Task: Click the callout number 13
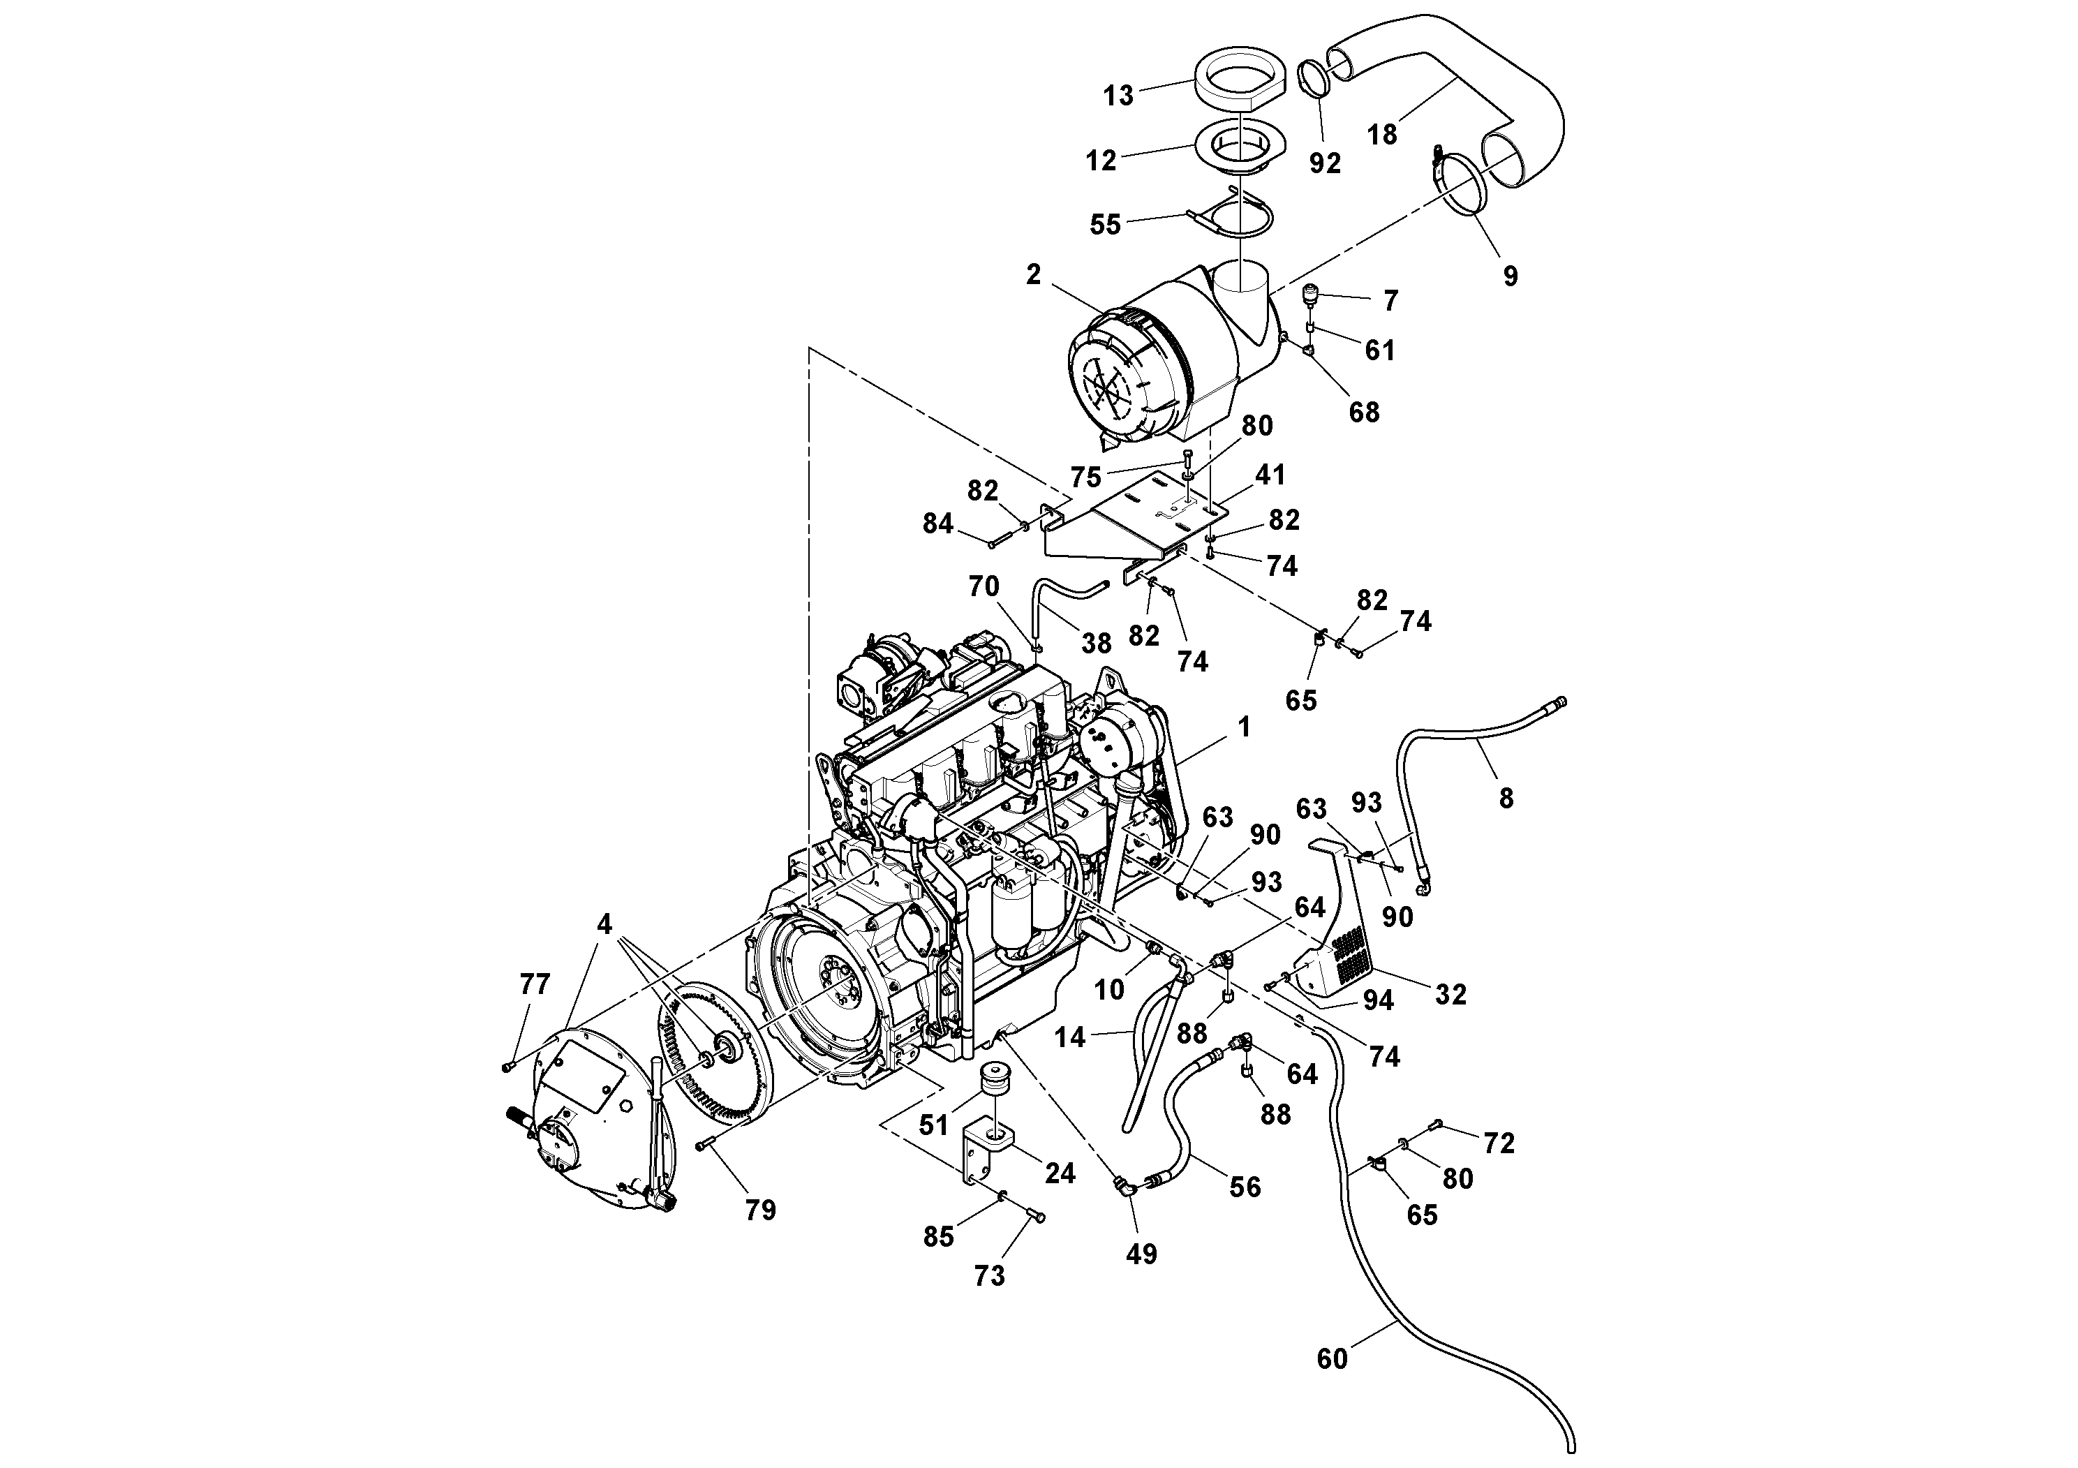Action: [1119, 96]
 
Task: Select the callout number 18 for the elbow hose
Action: [1382, 134]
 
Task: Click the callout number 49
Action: [1141, 1254]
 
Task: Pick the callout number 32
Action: [1450, 995]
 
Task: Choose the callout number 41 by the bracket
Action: [1270, 474]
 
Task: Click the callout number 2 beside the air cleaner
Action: [1034, 275]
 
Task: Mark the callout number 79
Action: [760, 1210]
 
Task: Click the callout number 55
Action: [1105, 225]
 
